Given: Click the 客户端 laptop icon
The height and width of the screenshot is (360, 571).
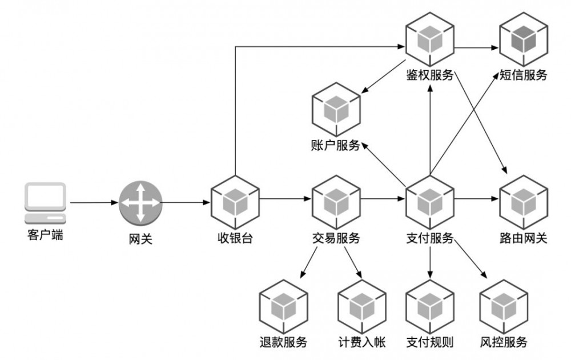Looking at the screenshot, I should click(45, 202).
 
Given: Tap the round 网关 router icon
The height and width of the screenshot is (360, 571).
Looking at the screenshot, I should click(140, 203).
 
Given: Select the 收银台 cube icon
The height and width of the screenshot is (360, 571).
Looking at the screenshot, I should click(235, 201).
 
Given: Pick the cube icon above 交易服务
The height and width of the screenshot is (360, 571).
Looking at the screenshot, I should click(336, 201).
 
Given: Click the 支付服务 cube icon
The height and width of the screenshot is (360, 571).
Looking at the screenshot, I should click(430, 201).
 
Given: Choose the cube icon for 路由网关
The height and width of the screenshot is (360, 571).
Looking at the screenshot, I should click(523, 201).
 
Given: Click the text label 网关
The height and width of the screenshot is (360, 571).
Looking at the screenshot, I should click(140, 239).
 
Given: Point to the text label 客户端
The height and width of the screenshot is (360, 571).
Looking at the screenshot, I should click(45, 234).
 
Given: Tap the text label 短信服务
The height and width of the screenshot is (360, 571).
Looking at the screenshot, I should click(523, 75).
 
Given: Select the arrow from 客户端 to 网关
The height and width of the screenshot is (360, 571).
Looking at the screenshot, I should click(94, 203).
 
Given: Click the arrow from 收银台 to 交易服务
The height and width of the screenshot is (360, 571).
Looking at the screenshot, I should click(285, 199).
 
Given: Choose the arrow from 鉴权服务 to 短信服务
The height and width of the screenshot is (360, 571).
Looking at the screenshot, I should click(476, 47).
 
